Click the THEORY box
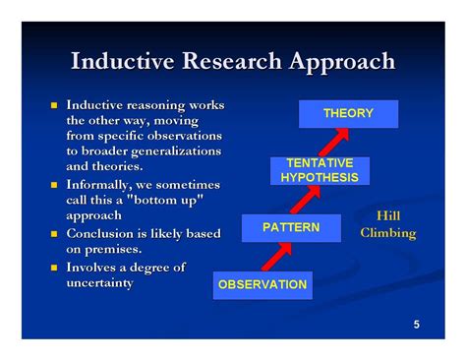point(348,113)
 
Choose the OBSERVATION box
point(262,285)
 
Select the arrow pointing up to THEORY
point(337,141)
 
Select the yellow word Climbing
point(388,233)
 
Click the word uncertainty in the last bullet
point(99,283)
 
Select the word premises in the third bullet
point(113,250)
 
